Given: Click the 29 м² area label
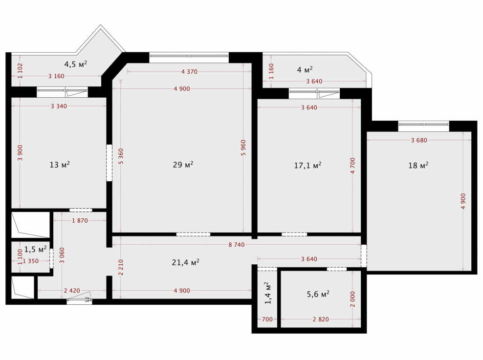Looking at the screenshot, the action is point(183,165).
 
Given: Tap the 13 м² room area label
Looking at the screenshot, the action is point(60,165).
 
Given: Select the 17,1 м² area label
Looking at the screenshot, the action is point(307,166).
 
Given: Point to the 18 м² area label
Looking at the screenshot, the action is point(418,166).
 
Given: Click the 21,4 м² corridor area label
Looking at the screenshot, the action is point(185,262).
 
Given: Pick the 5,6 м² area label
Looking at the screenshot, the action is point(318,294).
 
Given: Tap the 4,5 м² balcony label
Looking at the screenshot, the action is point(75,64).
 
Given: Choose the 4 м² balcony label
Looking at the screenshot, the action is point(305,70).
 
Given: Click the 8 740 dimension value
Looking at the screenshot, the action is point(237,245).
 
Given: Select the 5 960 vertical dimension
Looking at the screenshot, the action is point(243,148).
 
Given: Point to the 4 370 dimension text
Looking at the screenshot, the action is point(190,72).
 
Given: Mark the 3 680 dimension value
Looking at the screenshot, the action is point(419,140).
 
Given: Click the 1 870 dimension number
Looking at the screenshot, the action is point(80,221).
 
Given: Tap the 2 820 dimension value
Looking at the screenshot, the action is point(321,319).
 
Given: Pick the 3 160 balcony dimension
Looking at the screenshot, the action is point(56,76).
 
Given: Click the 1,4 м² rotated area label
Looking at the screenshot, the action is point(268,293).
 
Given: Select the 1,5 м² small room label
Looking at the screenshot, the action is point(35,249).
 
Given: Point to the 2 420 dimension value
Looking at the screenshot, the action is point(72,291).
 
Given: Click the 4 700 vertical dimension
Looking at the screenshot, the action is point(352,166).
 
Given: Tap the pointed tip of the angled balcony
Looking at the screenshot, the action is point(100,25).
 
